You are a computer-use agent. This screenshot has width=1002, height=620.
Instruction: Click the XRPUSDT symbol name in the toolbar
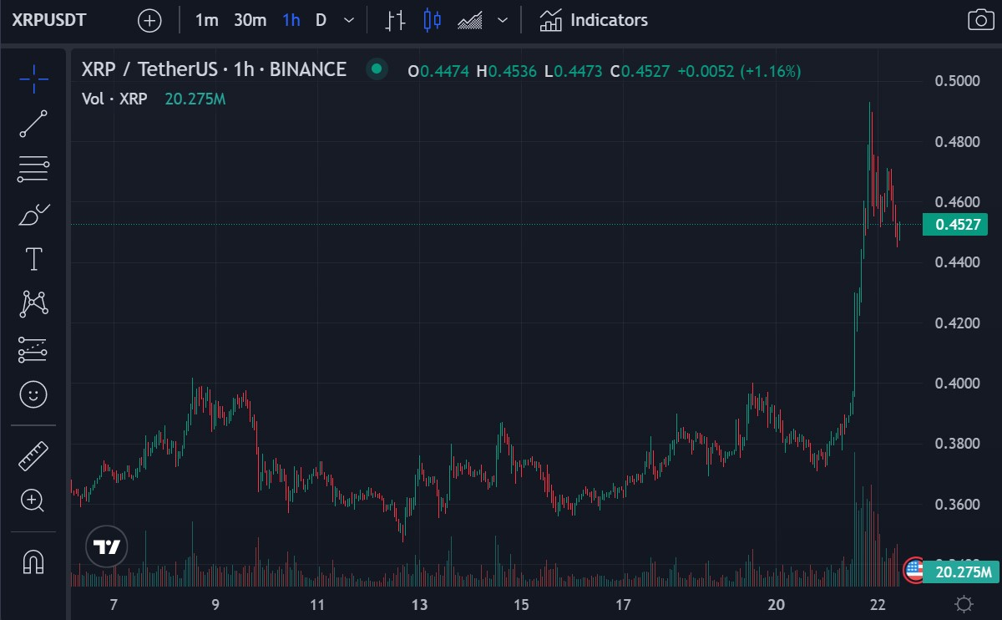(x=49, y=20)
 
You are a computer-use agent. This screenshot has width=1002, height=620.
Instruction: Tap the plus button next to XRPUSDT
(x=149, y=20)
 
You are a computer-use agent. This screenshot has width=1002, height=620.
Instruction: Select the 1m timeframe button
(x=206, y=20)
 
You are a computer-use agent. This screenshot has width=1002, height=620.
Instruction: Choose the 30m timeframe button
(x=250, y=20)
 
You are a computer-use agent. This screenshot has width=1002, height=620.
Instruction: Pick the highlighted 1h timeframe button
(x=291, y=20)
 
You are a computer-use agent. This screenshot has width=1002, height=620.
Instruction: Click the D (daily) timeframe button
(x=321, y=20)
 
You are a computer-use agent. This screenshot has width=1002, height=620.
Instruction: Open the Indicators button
(x=594, y=20)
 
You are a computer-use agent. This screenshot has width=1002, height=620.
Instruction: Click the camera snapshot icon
(x=980, y=20)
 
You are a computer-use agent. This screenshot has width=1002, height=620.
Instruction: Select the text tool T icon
(x=33, y=259)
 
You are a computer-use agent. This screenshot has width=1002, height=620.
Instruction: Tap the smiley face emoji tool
(x=33, y=394)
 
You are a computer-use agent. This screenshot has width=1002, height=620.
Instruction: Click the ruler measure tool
(x=33, y=455)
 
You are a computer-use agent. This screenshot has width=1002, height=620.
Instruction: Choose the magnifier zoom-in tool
(x=33, y=501)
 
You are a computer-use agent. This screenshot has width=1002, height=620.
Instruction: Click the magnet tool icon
(x=33, y=562)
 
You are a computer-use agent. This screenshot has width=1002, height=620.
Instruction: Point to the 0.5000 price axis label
(x=956, y=81)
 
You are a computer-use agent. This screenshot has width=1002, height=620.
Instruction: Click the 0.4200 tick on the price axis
(x=956, y=323)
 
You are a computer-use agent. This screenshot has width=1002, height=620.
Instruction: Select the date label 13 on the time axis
(x=419, y=605)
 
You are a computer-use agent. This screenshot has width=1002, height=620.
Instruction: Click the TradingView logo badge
(x=107, y=547)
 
